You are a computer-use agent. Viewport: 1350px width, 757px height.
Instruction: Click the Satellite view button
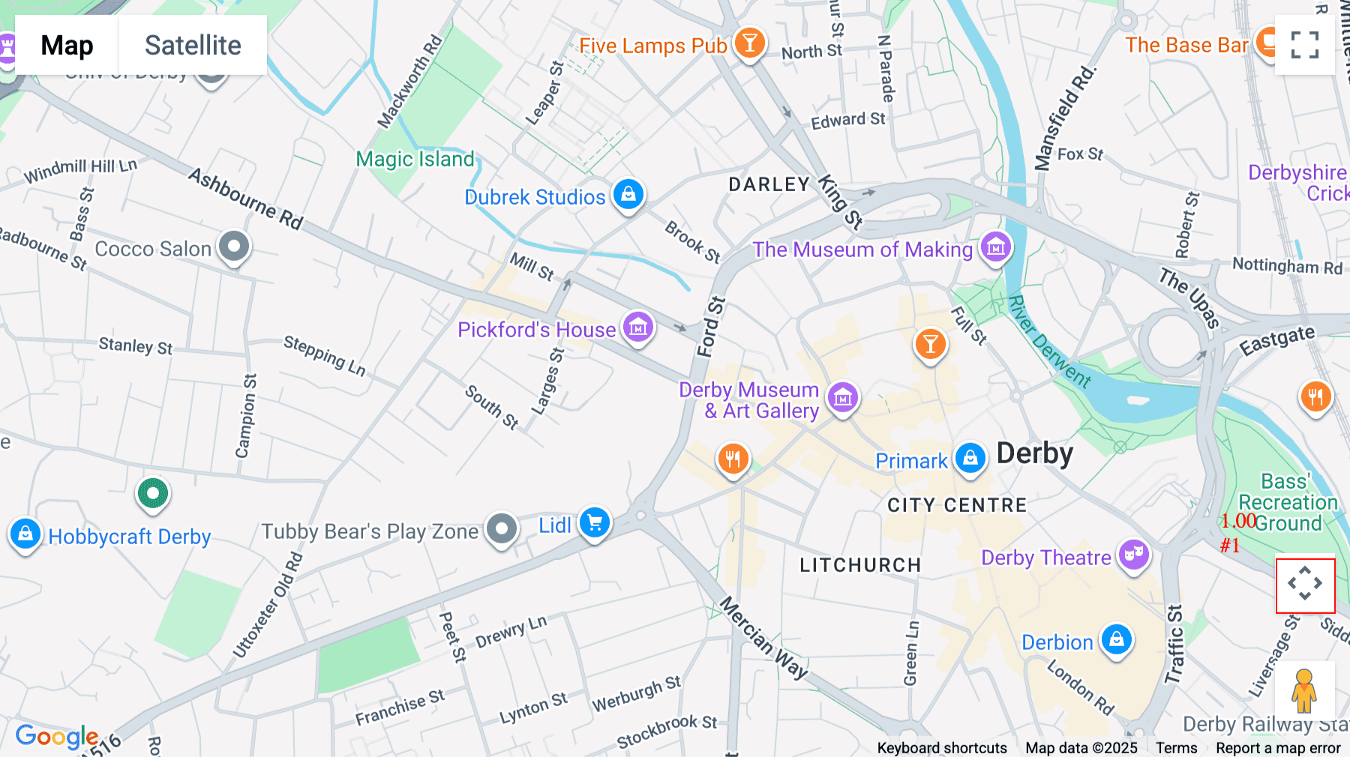pos(193,45)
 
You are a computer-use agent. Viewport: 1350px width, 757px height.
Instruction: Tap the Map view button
pos(67,45)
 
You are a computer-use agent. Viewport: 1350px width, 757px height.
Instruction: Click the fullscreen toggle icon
pos(1304,45)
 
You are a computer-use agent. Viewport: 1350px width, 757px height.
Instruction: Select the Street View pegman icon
pos(1304,691)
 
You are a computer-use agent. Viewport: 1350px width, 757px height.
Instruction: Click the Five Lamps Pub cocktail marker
pos(749,43)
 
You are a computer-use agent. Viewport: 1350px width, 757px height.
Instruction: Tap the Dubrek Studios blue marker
pos(628,194)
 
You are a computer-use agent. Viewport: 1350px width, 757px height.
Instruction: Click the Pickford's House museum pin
pos(638,327)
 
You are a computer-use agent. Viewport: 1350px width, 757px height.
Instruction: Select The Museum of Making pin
pos(995,247)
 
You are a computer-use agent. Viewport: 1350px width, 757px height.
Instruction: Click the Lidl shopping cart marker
pos(595,522)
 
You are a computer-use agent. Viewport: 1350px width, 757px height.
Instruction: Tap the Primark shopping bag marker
pos(970,456)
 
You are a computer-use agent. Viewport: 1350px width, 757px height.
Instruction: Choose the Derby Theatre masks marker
pos(1133,555)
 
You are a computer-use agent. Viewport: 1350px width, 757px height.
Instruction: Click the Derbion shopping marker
pos(1116,639)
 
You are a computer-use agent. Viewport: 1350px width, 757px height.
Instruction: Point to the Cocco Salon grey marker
pos(234,246)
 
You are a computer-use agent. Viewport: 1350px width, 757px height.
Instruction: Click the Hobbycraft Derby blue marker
pos(25,534)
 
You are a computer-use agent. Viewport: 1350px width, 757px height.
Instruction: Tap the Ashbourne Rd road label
pos(246,199)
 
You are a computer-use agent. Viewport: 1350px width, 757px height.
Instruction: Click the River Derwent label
pos(1049,342)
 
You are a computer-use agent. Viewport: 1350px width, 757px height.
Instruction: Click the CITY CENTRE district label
pos(956,505)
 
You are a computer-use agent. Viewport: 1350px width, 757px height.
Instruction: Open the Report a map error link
pos(1277,747)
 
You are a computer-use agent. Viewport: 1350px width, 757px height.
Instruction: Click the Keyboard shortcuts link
pos(941,747)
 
